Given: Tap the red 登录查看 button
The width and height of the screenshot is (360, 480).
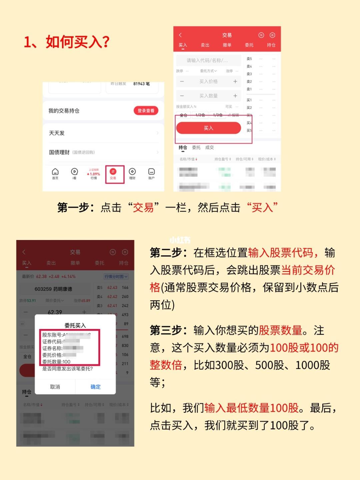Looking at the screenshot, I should click(146, 111).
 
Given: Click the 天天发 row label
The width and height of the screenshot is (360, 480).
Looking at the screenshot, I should click(57, 133).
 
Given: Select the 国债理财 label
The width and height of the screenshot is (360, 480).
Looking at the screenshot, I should click(59, 152).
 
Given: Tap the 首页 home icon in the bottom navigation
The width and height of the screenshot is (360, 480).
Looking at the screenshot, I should click(55, 173).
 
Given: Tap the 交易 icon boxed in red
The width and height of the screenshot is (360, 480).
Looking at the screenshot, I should click(113, 173).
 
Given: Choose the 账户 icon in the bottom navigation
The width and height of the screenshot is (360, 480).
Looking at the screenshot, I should click(151, 173).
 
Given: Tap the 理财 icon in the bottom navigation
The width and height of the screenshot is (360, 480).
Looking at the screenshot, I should click(132, 173).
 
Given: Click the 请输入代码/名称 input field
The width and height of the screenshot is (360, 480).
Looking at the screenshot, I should click(208, 60).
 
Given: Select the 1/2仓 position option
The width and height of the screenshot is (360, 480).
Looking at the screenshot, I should click(200, 115).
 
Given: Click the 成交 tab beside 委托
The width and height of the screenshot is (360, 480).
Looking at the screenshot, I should click(209, 147).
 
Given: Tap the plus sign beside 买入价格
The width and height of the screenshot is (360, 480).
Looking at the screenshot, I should click(235, 81).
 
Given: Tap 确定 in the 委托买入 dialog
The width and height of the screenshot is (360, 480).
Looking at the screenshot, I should click(95, 387).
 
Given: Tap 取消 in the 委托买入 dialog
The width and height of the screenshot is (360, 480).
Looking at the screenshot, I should click(55, 387).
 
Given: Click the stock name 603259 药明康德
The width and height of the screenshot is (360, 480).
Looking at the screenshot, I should click(53, 289).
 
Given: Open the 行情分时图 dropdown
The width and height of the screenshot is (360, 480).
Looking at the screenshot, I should click(116, 276).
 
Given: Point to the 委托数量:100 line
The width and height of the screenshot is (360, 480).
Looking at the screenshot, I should click(56, 362).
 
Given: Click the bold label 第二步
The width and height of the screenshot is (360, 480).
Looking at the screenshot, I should click(170, 253).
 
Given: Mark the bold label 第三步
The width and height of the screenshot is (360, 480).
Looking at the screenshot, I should click(170, 330).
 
